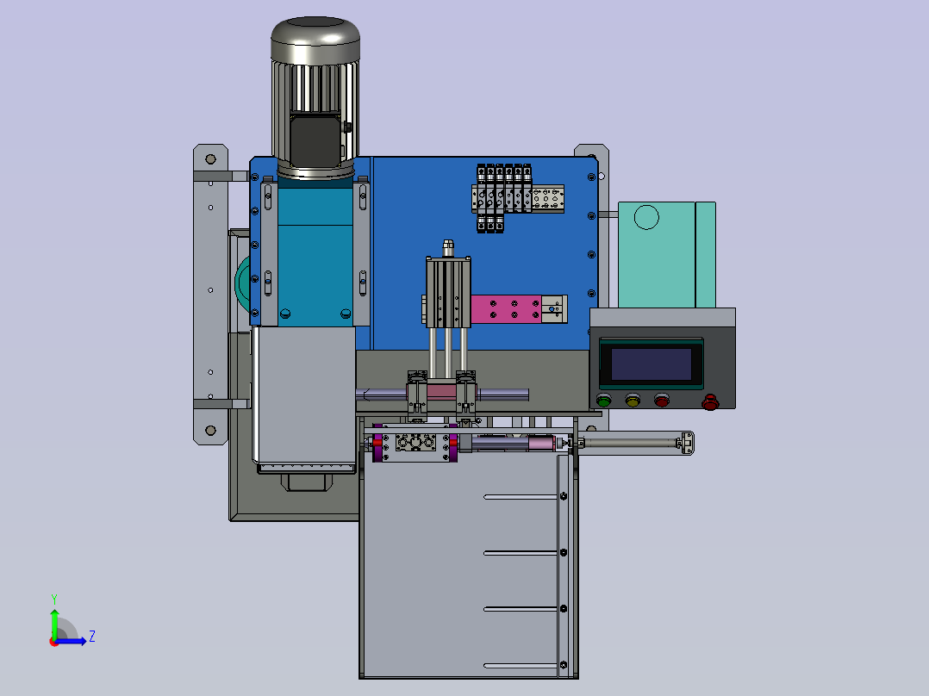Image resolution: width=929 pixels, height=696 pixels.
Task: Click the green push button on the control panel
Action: (x=604, y=401)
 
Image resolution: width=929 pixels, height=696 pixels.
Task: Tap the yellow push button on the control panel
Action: (x=633, y=401)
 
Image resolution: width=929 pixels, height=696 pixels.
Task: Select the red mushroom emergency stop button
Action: (x=710, y=402)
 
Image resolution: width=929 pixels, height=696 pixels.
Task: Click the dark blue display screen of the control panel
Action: (x=652, y=364)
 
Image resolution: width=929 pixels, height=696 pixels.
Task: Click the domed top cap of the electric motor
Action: (x=315, y=39)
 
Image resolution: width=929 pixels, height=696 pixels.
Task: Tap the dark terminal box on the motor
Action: (x=315, y=141)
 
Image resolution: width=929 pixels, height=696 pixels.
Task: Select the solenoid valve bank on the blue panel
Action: (x=503, y=198)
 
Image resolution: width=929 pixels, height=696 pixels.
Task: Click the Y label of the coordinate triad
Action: (x=54, y=599)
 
